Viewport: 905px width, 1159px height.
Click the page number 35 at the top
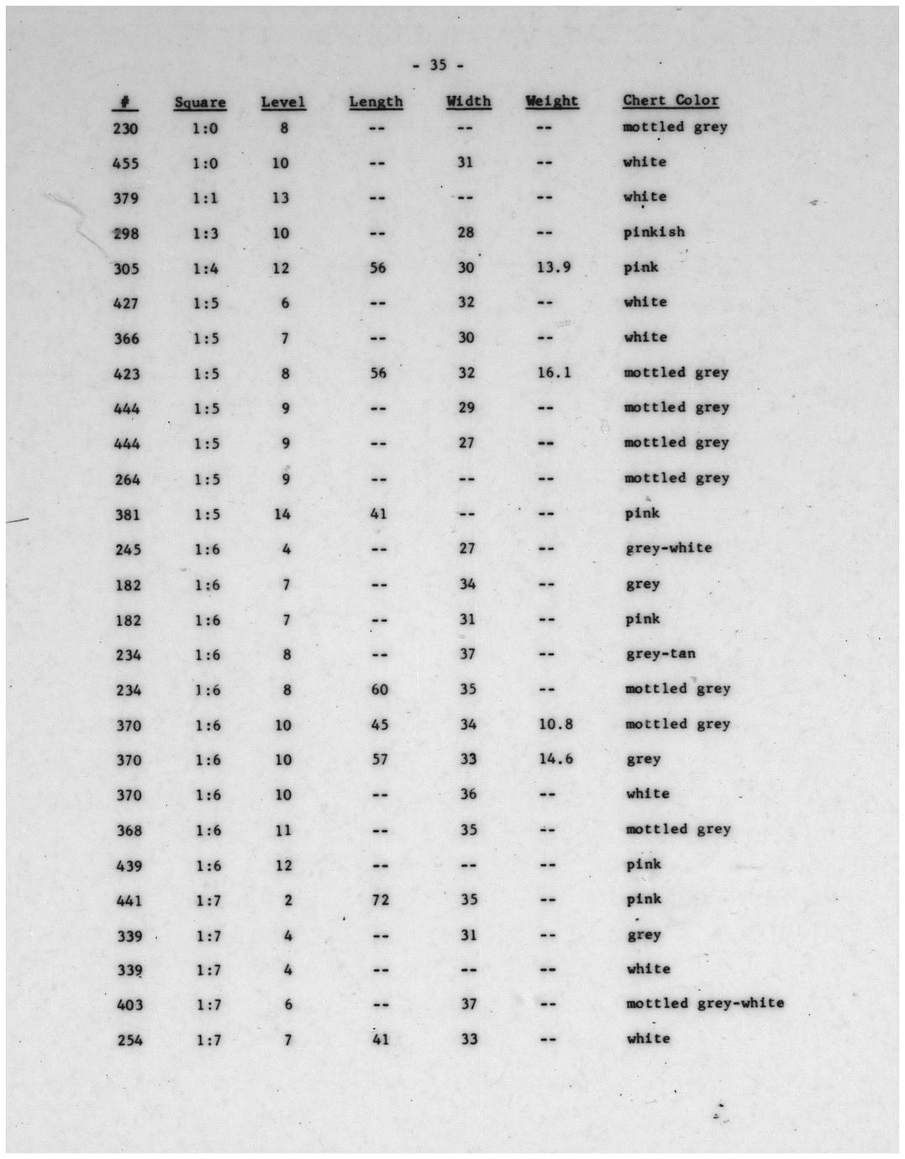(438, 65)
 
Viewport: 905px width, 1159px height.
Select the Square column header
(200, 102)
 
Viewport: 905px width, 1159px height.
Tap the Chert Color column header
(671, 101)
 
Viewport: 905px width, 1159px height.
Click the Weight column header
(552, 101)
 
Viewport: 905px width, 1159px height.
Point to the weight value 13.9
(554, 267)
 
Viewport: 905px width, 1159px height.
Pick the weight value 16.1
(555, 372)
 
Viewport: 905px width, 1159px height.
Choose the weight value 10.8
(555, 724)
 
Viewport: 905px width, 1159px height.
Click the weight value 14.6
(555, 759)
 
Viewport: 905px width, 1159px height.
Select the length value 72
(380, 899)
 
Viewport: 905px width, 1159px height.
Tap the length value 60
(380, 689)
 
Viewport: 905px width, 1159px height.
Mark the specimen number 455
(125, 163)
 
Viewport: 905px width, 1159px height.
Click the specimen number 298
(126, 233)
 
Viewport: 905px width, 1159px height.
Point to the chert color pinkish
(654, 232)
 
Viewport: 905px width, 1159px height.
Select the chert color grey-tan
(660, 653)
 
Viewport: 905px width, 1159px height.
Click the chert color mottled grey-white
(705, 1003)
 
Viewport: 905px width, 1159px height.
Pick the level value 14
(282, 513)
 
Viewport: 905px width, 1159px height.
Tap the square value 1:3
(206, 233)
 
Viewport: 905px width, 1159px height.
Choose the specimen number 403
(129, 1004)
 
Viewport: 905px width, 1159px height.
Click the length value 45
(380, 724)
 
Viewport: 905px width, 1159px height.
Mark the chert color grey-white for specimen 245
(669, 548)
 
